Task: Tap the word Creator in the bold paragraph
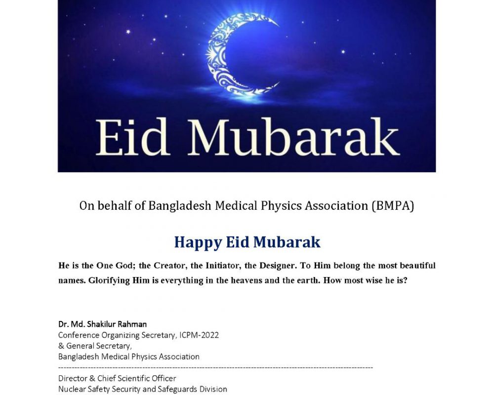point(167,266)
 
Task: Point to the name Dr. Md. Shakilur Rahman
point(102,324)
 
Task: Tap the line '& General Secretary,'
point(95,346)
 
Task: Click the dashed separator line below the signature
point(215,368)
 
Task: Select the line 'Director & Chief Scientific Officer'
point(117,379)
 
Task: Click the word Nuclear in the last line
point(72,389)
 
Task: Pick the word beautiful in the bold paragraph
point(418,266)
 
